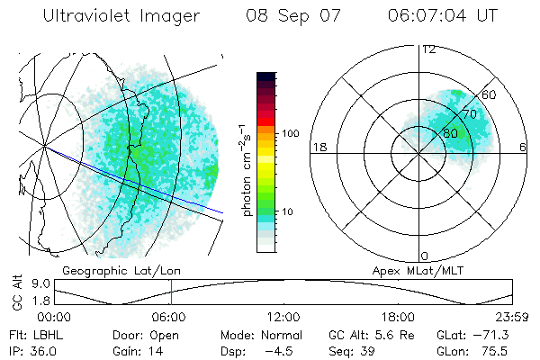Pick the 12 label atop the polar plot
point(428,49)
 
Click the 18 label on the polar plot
point(318,147)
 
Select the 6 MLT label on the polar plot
point(523,147)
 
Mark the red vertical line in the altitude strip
point(171,292)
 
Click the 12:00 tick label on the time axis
point(284,317)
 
